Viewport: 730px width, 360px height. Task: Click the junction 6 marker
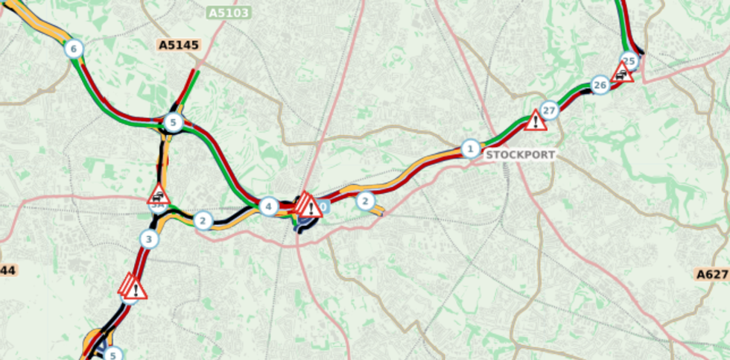[x=72, y=49]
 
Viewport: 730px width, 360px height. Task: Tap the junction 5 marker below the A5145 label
[x=173, y=122]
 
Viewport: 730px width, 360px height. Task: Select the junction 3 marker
[x=149, y=239]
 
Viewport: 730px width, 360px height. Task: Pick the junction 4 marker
[x=268, y=206]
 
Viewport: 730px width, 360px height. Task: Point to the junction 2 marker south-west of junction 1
[x=364, y=200]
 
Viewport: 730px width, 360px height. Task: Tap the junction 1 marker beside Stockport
[x=470, y=148]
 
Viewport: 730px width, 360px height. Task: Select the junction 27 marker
[x=549, y=111]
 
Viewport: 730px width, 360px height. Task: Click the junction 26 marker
[x=600, y=85]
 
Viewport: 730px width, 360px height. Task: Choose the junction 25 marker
[x=629, y=61]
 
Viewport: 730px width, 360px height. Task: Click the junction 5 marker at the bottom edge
[x=112, y=355]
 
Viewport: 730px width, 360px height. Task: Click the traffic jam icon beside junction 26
[x=621, y=72]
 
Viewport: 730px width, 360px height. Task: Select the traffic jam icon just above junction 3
[x=158, y=195]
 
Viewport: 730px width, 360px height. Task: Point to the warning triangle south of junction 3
[x=133, y=287]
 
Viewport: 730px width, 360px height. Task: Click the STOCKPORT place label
[x=521, y=155]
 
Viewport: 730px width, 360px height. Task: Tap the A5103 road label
[x=229, y=13]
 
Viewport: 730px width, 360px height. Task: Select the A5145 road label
[x=180, y=45]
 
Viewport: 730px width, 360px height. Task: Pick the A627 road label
[x=713, y=274]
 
